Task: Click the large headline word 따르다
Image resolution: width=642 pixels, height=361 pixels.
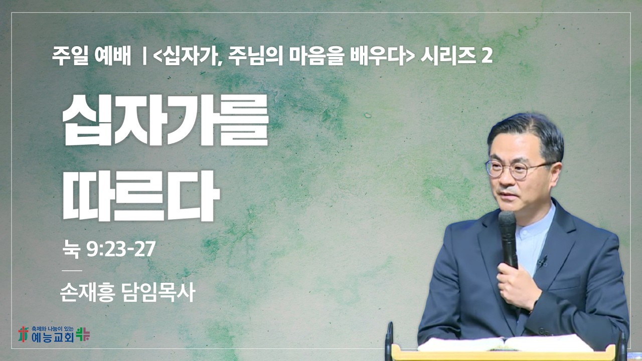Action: tap(141, 196)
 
